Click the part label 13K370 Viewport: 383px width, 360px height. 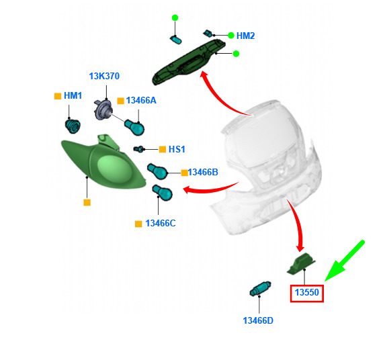pyautogui.click(x=104, y=76)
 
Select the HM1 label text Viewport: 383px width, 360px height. pyautogui.click(x=73, y=96)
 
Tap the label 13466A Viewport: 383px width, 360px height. pyautogui.click(x=141, y=100)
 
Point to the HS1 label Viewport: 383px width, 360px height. pyautogui.click(x=177, y=149)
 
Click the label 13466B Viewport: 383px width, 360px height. pyautogui.click(x=203, y=172)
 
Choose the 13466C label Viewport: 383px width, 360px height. pyautogui.click(x=161, y=223)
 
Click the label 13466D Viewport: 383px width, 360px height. pyautogui.click(x=258, y=320)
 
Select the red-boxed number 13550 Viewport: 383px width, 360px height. pyautogui.click(x=307, y=292)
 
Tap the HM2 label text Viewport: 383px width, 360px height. pyautogui.click(x=245, y=36)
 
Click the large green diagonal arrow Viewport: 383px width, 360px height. pyautogui.click(x=345, y=261)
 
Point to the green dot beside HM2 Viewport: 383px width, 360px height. pyautogui.click(x=231, y=36)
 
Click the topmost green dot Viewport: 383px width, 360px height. pyautogui.click(x=175, y=17)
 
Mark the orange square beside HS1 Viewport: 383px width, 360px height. pyautogui.click(x=163, y=149)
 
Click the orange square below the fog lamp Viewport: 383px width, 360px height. pyautogui.click(x=87, y=202)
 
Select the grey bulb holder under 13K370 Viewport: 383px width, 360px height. pyautogui.click(x=103, y=110)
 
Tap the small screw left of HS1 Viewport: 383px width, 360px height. pyautogui.click(x=138, y=148)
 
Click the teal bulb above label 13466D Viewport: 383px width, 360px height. pyautogui.click(x=261, y=288)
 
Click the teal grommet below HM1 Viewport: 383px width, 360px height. pyautogui.click(x=73, y=126)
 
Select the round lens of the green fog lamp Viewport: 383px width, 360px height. pyautogui.click(x=115, y=169)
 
